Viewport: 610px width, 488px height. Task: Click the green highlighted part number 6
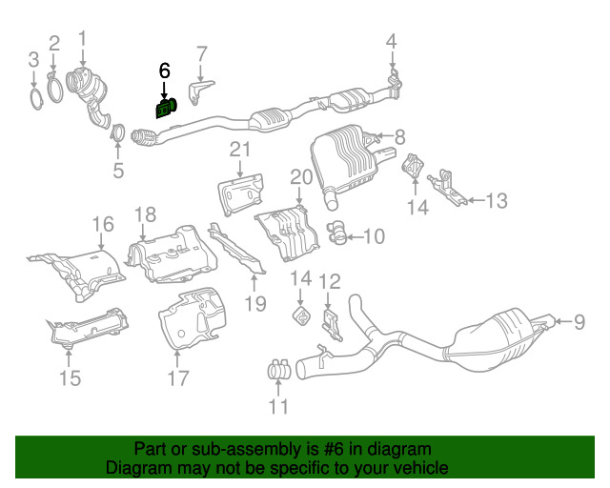coord(166,109)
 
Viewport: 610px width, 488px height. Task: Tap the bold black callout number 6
coord(165,71)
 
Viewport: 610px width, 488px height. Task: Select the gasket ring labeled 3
coord(36,99)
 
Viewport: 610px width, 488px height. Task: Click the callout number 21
coord(240,150)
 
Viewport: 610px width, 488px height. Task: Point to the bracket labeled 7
coord(199,92)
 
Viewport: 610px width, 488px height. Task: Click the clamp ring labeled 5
coord(118,132)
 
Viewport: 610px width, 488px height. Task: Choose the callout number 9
coord(579,322)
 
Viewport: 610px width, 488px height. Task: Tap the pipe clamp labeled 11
coord(279,369)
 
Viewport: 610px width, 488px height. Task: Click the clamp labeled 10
coord(336,233)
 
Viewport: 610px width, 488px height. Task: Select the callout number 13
coord(497,201)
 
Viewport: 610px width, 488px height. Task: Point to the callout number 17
coord(178,377)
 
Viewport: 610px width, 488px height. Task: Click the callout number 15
coord(70,378)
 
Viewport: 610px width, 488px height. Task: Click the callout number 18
coord(146,214)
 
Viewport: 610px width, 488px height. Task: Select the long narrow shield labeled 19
coord(237,248)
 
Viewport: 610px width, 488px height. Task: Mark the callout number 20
coord(301,177)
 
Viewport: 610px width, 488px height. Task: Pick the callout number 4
coord(392,42)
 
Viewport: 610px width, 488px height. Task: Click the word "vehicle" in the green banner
coord(423,468)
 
